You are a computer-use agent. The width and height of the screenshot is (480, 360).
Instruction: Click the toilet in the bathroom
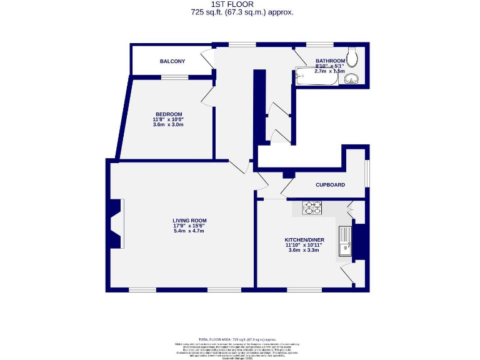click(353, 57)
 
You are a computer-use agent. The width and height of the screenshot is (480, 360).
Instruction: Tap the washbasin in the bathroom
click(353, 78)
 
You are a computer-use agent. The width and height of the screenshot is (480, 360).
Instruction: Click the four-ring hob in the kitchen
click(312, 208)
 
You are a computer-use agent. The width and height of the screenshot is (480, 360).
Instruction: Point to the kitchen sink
click(344, 241)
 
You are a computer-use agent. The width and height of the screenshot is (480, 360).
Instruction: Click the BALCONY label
click(172, 61)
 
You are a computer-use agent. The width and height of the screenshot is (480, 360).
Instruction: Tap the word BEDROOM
click(169, 114)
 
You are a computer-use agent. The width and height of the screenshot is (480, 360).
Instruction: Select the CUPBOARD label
click(330, 185)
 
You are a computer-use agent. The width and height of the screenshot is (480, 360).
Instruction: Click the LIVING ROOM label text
click(189, 221)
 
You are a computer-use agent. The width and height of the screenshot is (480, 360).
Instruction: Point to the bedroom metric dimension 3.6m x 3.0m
click(169, 124)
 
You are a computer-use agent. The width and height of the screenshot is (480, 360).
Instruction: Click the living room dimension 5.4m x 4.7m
click(189, 231)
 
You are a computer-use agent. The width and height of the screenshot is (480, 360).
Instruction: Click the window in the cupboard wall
click(367, 172)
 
